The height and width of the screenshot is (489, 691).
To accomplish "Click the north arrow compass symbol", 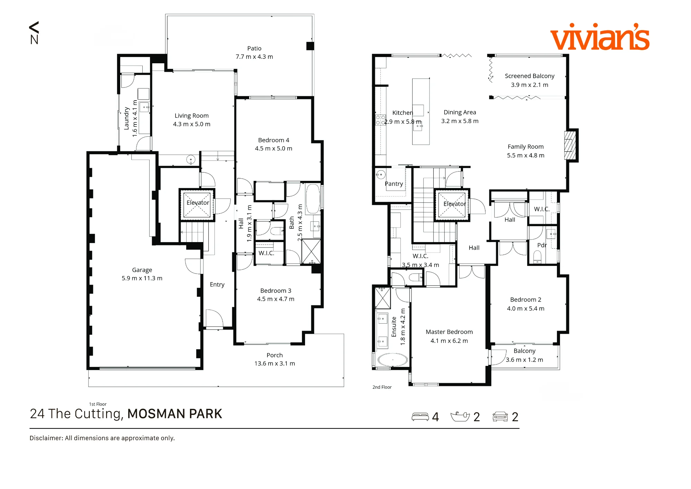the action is pos(34,33).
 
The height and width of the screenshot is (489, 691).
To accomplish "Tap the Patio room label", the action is pos(254,48).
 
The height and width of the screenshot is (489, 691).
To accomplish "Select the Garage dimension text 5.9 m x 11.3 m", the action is pos(142,278).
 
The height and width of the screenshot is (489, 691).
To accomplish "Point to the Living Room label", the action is pos(191,116).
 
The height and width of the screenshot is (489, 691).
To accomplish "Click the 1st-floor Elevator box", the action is pos(197,205).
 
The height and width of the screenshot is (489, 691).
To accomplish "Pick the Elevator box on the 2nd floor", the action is pos(452,205).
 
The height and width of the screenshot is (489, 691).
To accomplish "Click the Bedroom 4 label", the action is pos(274,140).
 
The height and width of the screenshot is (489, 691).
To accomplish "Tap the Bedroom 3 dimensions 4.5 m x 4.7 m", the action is pos(276,299).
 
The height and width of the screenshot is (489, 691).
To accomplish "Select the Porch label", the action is pos(275,355).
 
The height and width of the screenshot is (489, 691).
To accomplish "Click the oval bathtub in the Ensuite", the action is pos(392,360).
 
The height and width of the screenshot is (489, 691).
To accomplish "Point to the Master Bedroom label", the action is pos(449,332).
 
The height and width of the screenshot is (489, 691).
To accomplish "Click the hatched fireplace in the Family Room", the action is pos(570,145).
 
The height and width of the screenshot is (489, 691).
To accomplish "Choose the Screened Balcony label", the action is pos(530,76).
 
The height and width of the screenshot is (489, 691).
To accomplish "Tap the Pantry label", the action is pos(394,184).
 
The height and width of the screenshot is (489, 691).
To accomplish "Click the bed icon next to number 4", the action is pos(420,417).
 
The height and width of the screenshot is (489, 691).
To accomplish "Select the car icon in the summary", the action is pos(500,417).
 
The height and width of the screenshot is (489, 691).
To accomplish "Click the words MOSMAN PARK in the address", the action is pos(175,414).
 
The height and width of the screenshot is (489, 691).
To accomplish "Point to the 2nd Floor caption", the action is pos(382,387).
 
